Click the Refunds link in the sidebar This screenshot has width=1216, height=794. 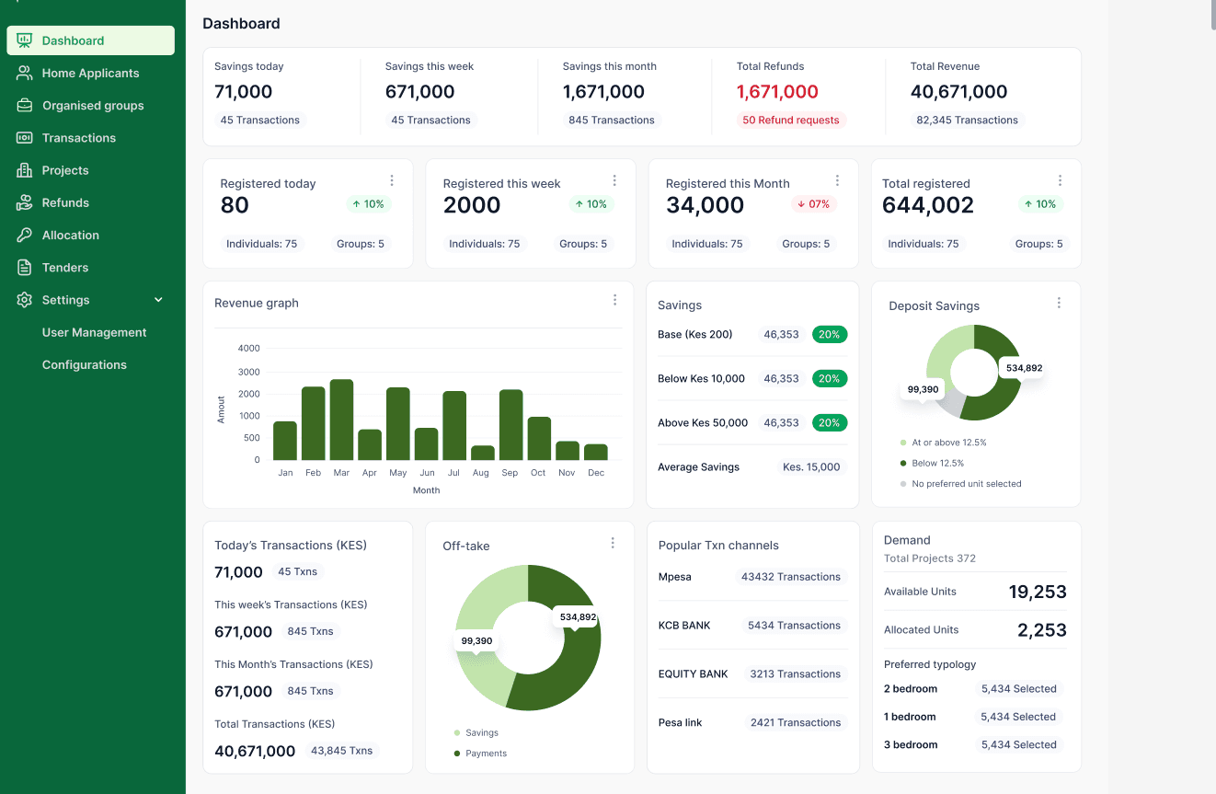(65, 202)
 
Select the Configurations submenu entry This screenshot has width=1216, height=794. (84, 364)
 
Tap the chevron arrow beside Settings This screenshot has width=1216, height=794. (158, 300)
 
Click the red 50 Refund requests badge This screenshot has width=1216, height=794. (790, 120)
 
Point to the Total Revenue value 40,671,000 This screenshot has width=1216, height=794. (958, 91)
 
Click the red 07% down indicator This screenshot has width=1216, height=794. (813, 204)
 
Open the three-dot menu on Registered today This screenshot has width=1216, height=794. (392, 180)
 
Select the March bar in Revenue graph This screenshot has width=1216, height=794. (341, 420)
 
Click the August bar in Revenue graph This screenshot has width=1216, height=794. (483, 453)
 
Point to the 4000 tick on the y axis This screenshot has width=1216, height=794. (248, 348)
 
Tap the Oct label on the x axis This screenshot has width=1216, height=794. (538, 473)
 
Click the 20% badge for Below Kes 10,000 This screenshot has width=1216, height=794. (829, 378)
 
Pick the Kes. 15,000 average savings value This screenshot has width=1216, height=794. (811, 467)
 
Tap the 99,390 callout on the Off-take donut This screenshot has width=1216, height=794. (476, 641)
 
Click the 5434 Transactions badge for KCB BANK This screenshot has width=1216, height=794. (794, 625)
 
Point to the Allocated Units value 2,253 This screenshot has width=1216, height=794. (1041, 630)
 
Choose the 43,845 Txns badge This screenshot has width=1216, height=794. (341, 751)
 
